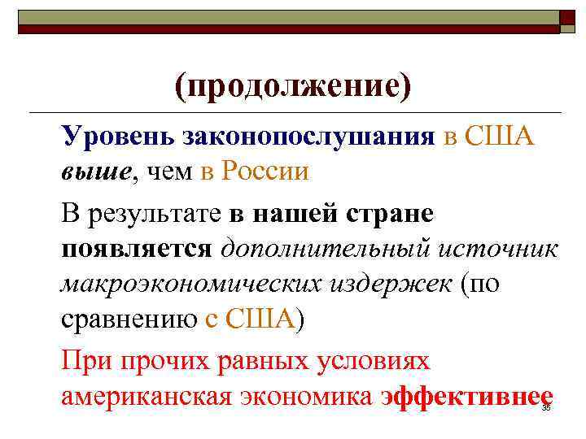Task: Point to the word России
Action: click(265, 172)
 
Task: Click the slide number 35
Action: click(546, 408)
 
